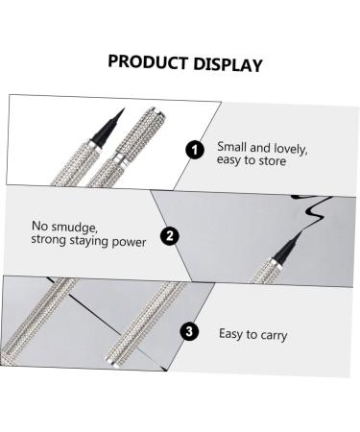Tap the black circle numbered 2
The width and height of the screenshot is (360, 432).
(170, 235)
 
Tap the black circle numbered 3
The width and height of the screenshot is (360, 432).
(190, 332)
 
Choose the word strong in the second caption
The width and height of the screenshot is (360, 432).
(50, 242)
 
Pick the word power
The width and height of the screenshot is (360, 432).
(129, 242)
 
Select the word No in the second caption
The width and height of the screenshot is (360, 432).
(39, 228)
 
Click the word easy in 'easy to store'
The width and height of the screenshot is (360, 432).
(231, 160)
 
